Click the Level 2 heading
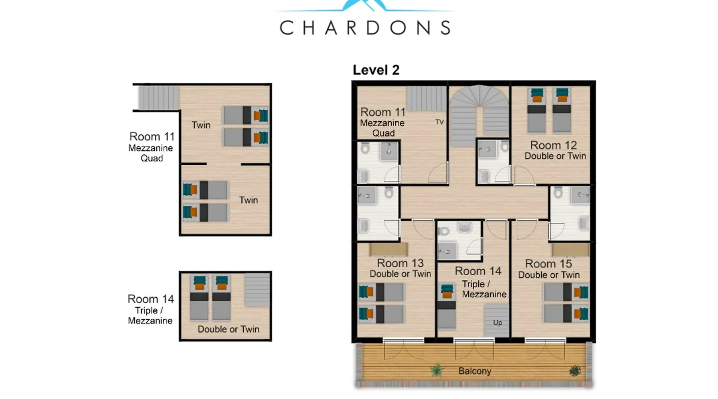(x=376, y=70)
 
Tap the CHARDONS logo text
(x=365, y=28)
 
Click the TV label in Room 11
(x=439, y=122)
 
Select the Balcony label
(x=475, y=371)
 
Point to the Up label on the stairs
(x=497, y=322)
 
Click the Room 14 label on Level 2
(x=478, y=271)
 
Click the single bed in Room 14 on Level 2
(x=447, y=306)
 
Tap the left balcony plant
(x=437, y=371)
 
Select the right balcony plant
(x=575, y=371)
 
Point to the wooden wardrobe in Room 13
(x=388, y=249)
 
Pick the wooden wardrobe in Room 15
(x=570, y=249)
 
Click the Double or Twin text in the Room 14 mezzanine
(x=229, y=329)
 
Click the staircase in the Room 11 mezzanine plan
(x=159, y=98)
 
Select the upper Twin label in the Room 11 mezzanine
(x=201, y=125)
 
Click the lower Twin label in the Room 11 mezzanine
(x=249, y=200)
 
